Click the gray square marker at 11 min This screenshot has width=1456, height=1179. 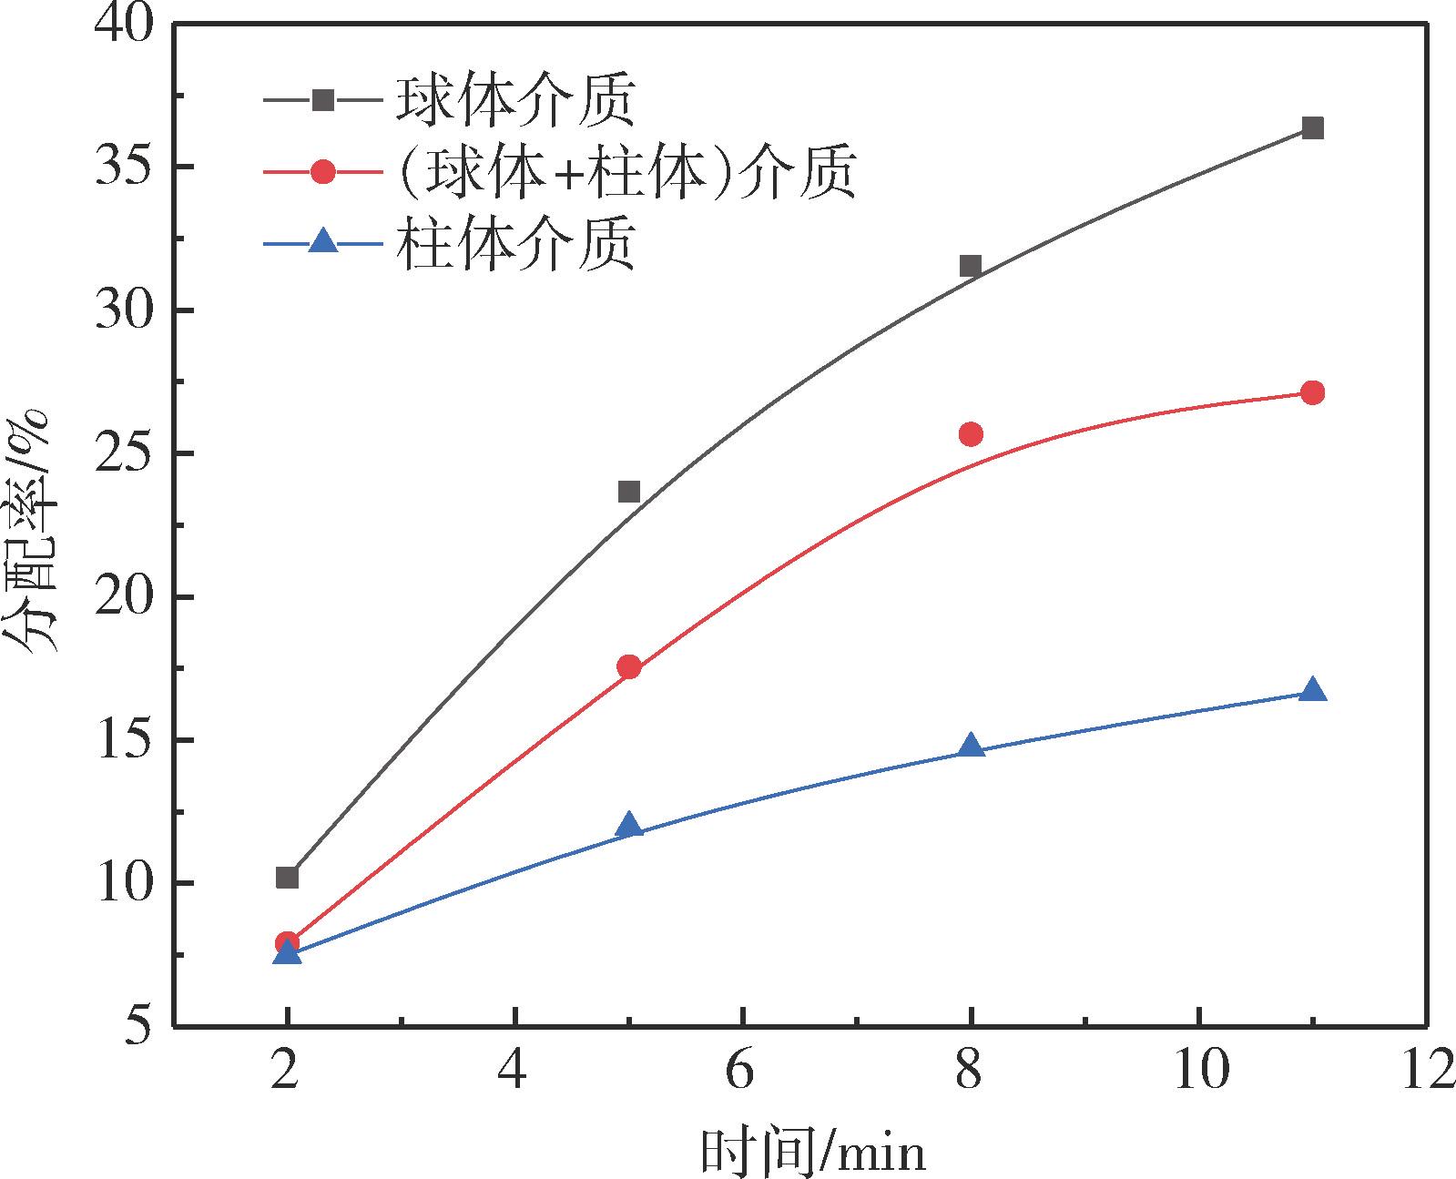pyautogui.click(x=1312, y=127)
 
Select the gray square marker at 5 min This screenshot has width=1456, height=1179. pyautogui.click(x=629, y=492)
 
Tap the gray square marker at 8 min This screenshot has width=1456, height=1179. pyautogui.click(x=971, y=266)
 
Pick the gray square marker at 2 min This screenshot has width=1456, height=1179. pyautogui.click(x=287, y=878)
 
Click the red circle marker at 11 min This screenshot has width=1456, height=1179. pyautogui.click(x=1312, y=392)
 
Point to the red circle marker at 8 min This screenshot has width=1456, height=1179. pyautogui.click(x=971, y=433)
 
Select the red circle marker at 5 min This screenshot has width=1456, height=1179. pyautogui.click(x=629, y=666)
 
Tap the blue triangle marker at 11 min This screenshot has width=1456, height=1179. pyautogui.click(x=1312, y=689)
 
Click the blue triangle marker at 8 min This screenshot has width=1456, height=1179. pyautogui.click(x=971, y=746)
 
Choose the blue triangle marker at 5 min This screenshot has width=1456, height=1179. pyautogui.click(x=629, y=826)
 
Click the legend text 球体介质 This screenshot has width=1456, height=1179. pyautogui.click(x=514, y=100)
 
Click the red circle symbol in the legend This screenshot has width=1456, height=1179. pyautogui.click(x=323, y=172)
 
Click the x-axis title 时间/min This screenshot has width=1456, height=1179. pyautogui.click(x=812, y=1151)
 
